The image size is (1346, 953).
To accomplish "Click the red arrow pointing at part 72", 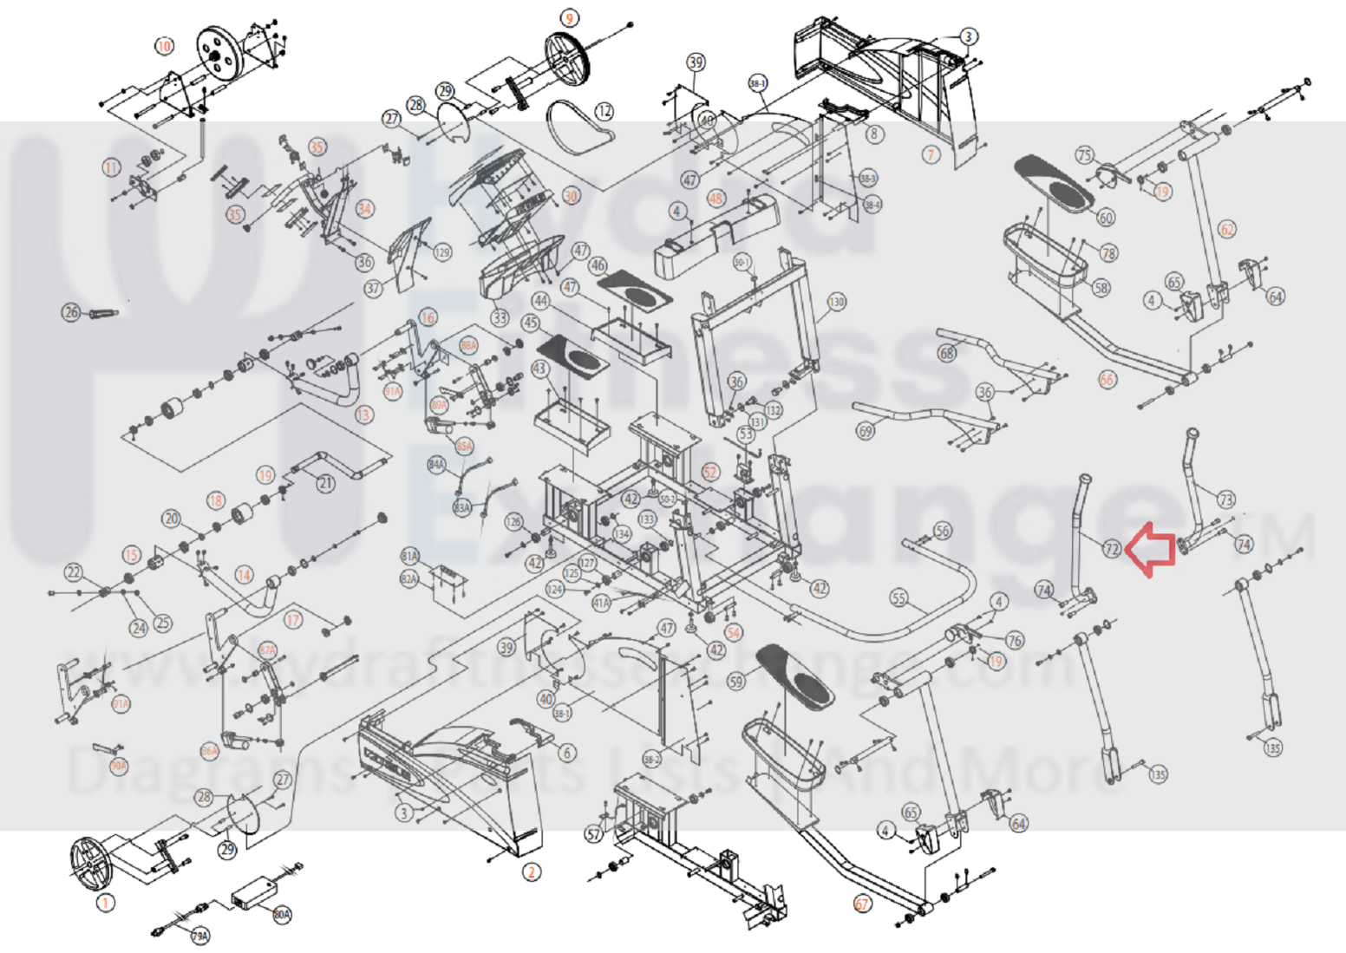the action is pyautogui.click(x=1151, y=549).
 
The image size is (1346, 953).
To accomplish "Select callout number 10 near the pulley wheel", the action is pyautogui.click(x=164, y=46).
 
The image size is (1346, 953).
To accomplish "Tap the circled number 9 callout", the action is pyautogui.click(x=569, y=18).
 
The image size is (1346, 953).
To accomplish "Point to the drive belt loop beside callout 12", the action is pyautogui.click(x=577, y=129).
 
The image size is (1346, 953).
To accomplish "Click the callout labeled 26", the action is pyautogui.click(x=71, y=312).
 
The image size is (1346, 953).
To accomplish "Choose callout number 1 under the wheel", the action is pyautogui.click(x=104, y=903).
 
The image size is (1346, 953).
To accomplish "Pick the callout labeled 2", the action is pyautogui.click(x=532, y=872).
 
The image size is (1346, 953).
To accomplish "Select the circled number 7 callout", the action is pyautogui.click(x=931, y=154).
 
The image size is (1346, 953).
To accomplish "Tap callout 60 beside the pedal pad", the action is pyautogui.click(x=1106, y=217).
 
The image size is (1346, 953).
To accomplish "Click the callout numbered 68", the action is pyautogui.click(x=947, y=353).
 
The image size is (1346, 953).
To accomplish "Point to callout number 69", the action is pyautogui.click(x=865, y=431).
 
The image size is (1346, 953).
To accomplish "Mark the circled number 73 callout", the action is pyautogui.click(x=1225, y=499).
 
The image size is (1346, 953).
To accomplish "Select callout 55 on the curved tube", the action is pyautogui.click(x=898, y=598).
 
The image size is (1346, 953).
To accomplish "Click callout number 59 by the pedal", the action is pyautogui.click(x=736, y=681).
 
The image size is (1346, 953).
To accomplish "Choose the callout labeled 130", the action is pyautogui.click(x=836, y=302).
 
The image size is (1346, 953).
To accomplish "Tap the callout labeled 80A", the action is pyautogui.click(x=282, y=914).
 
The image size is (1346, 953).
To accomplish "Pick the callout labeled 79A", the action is pyautogui.click(x=200, y=937).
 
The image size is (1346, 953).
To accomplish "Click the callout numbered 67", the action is pyautogui.click(x=862, y=904).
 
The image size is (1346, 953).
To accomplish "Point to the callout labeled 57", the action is pyautogui.click(x=593, y=834).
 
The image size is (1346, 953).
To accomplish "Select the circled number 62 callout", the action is pyautogui.click(x=1227, y=230).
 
